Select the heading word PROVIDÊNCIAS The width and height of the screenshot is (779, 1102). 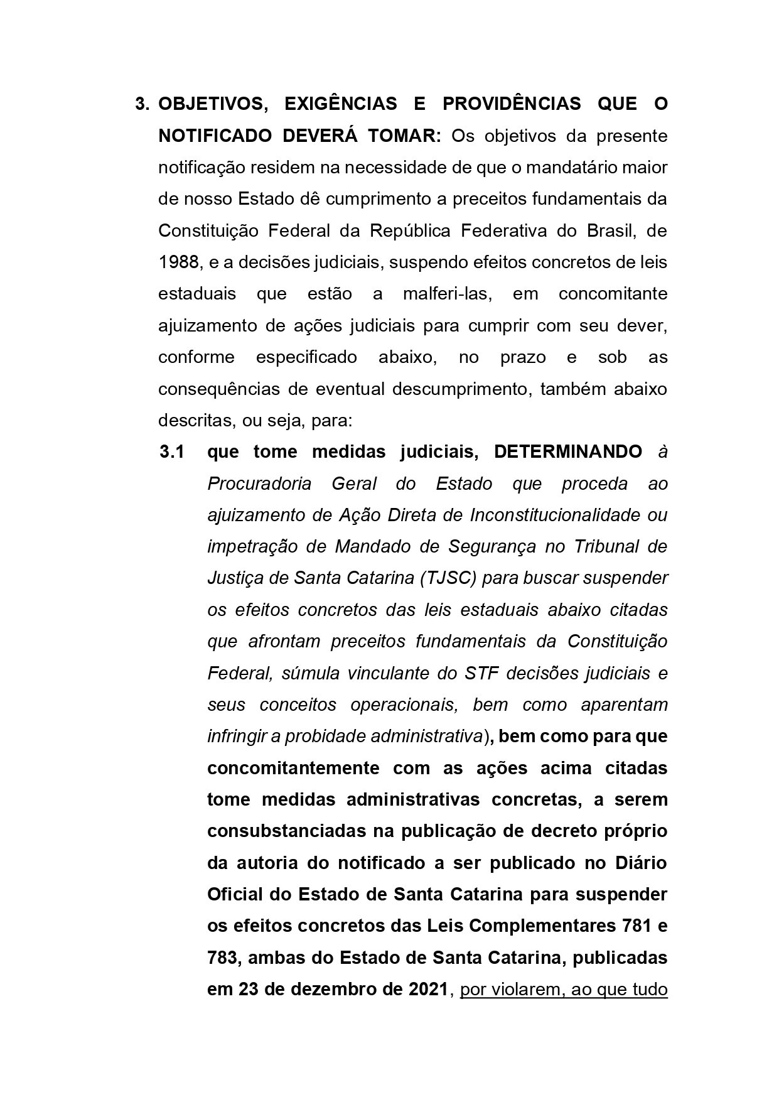[x=512, y=104]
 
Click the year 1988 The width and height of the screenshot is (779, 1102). [x=178, y=262]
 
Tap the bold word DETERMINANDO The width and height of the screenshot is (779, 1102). [x=568, y=452]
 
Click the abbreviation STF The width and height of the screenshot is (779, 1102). [x=481, y=673]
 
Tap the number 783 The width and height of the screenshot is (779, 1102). [x=223, y=958]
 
